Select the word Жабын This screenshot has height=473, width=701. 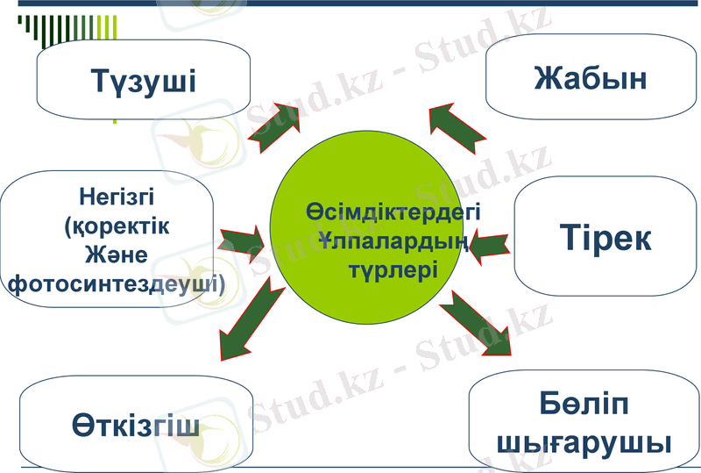tap(590, 77)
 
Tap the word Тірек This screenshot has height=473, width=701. tap(605, 239)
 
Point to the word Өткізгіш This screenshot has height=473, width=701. tap(135, 426)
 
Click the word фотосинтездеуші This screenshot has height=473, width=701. tap(115, 284)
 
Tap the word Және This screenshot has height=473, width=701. tap(115, 254)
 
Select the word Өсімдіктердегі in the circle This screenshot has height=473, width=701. tap(394, 211)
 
